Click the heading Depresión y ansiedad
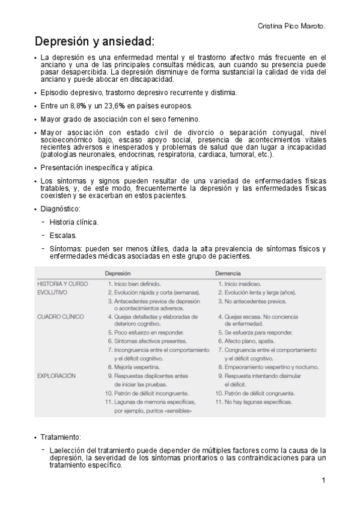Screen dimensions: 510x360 [94, 41]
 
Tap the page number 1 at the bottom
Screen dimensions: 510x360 [323, 480]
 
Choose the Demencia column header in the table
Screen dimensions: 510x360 [229, 272]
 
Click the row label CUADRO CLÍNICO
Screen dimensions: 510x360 [61, 316]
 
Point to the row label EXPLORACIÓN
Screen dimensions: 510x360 [57, 375]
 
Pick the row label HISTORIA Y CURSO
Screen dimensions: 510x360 [63, 283]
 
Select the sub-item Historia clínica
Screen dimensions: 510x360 [74, 222]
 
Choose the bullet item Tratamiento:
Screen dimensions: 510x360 [61, 437]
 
